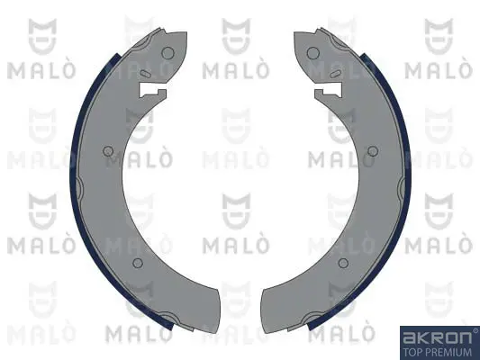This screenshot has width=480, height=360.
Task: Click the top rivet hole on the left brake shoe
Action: point(168,53)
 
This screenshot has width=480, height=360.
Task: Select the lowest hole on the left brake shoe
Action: point(138,263)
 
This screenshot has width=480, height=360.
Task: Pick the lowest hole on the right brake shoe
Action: point(342,263)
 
